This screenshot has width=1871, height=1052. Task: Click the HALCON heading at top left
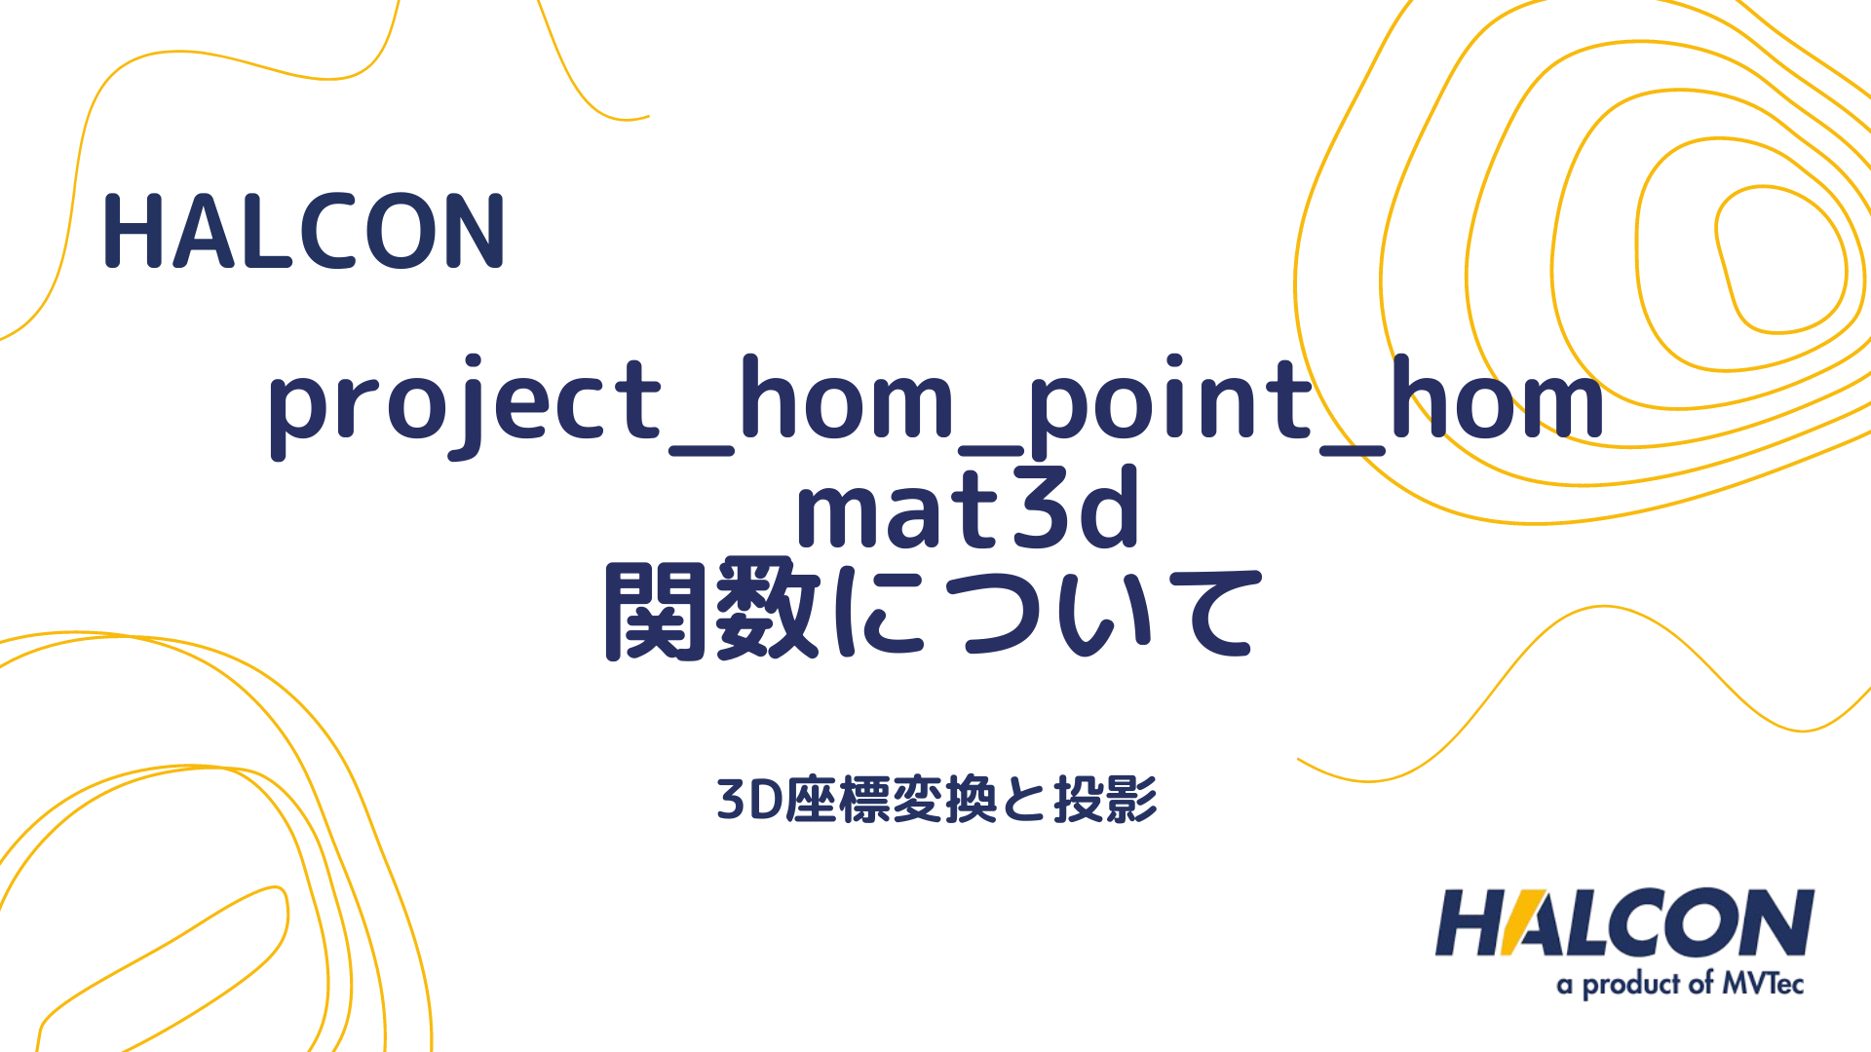(304, 231)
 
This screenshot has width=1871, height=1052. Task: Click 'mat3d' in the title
(968, 507)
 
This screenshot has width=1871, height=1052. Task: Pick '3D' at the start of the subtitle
(750, 801)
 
